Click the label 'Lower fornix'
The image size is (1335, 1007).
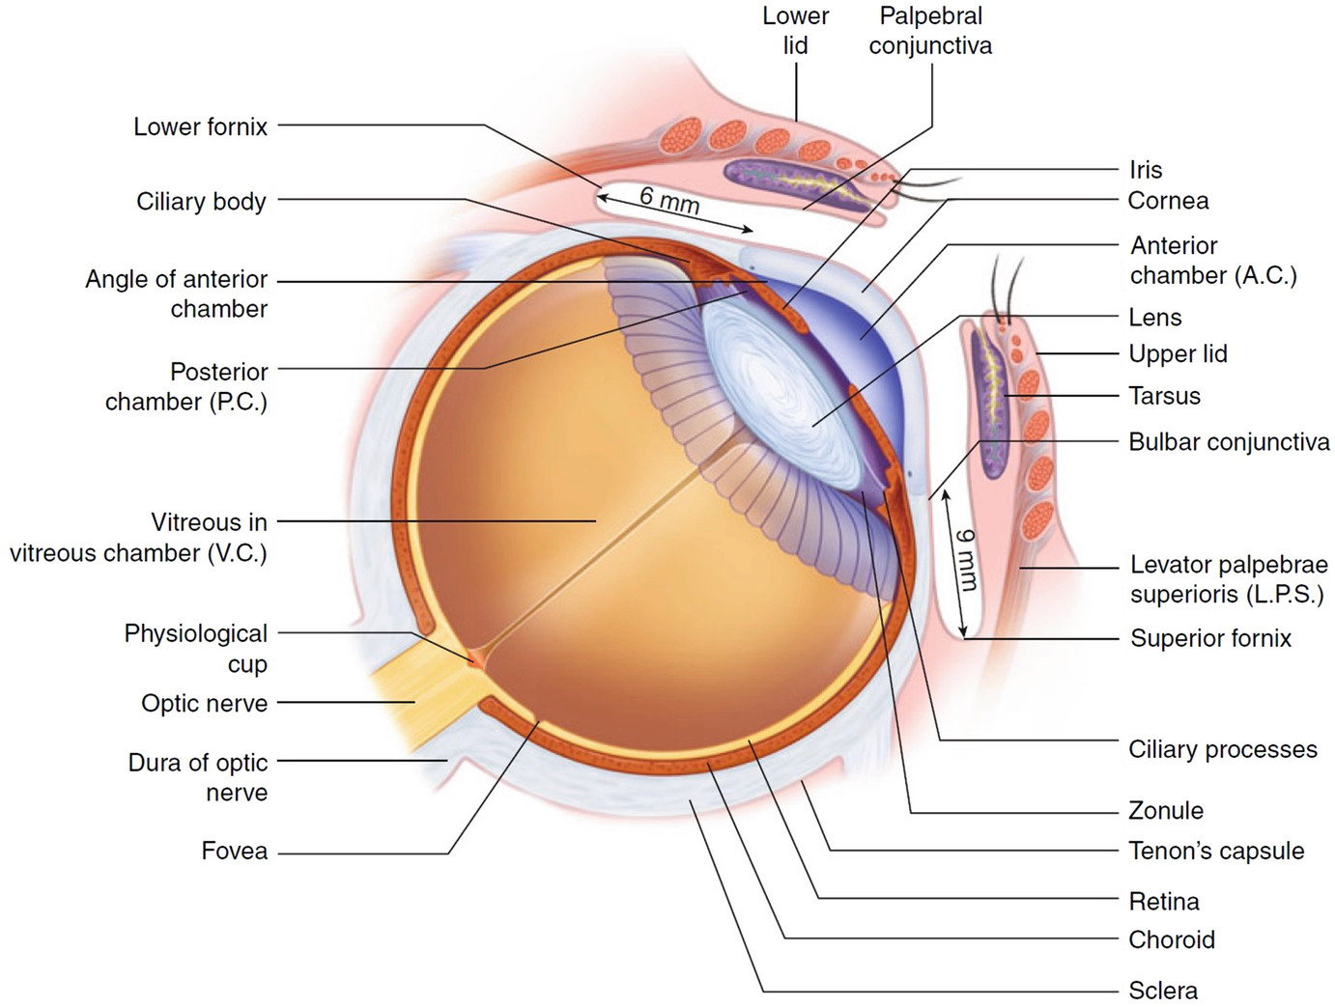tap(200, 126)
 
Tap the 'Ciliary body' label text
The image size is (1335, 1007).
tap(201, 201)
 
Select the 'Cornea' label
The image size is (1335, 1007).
tap(1168, 201)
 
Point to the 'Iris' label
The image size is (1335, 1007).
tap(1146, 170)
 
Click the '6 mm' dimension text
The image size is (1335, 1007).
tap(668, 200)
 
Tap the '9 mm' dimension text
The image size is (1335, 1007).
tap(965, 559)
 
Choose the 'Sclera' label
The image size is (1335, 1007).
tap(1163, 990)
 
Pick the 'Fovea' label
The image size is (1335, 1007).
tap(234, 851)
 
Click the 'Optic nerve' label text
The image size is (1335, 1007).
tap(204, 703)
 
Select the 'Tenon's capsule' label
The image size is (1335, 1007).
tap(1216, 851)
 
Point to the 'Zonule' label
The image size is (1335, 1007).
tap(1166, 810)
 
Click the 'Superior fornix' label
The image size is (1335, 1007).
tap(1210, 638)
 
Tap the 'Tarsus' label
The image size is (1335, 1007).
tap(1164, 396)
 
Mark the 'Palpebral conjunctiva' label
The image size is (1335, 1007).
tap(929, 31)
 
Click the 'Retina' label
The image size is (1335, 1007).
tap(1164, 901)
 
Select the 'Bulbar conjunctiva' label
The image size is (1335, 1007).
tap(1229, 442)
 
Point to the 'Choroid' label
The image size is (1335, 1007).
tap(1172, 939)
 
